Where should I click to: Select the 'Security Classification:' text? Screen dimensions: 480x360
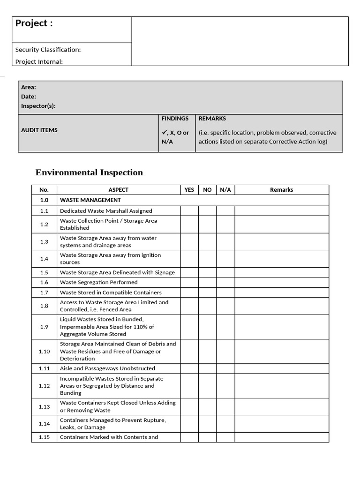(x=48, y=50)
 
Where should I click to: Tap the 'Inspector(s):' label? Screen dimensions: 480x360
(x=38, y=106)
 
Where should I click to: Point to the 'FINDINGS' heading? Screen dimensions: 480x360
(x=175, y=119)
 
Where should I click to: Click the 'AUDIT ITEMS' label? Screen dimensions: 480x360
(x=39, y=130)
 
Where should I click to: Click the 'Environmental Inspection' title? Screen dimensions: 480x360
(x=89, y=172)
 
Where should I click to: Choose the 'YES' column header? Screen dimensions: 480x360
(x=189, y=190)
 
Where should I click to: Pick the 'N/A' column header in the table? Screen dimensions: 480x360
(x=225, y=190)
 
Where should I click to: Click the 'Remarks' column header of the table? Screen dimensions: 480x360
(x=281, y=190)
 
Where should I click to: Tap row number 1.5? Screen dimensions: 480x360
(x=44, y=272)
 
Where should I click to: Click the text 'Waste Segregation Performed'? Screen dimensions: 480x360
(x=98, y=282)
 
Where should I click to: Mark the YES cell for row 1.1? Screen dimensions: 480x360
(x=189, y=211)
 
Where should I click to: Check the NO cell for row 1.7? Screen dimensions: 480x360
(x=207, y=292)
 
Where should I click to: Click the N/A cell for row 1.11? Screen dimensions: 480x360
(x=225, y=368)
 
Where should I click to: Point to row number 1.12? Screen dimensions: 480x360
(x=44, y=386)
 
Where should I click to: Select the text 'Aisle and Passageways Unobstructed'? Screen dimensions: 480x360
(x=107, y=368)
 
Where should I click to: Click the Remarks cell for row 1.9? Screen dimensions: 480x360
(x=281, y=327)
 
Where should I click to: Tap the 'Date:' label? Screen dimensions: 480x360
(x=29, y=97)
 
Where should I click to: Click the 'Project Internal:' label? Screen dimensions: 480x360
(x=39, y=61)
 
